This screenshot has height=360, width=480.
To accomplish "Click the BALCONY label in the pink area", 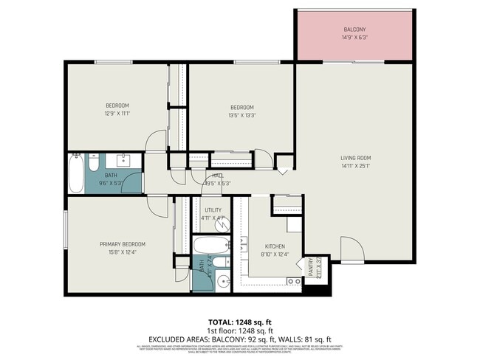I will pos(354,30).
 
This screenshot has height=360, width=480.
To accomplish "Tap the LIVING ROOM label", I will pos(355,157).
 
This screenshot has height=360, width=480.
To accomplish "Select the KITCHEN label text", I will pos(273,246).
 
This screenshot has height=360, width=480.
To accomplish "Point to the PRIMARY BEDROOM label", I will pos(123,244).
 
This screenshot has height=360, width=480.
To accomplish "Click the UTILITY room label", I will pos(213,210).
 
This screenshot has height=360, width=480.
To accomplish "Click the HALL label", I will pos(218,176).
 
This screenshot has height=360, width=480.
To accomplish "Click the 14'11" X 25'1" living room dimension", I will pos(355,166).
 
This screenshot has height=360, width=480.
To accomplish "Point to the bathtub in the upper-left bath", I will pos(75,174).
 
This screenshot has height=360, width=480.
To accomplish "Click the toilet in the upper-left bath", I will pos(95,161).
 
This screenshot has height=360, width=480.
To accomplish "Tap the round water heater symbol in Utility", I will pos(220,226).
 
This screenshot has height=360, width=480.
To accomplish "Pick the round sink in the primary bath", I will pos(225,281).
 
